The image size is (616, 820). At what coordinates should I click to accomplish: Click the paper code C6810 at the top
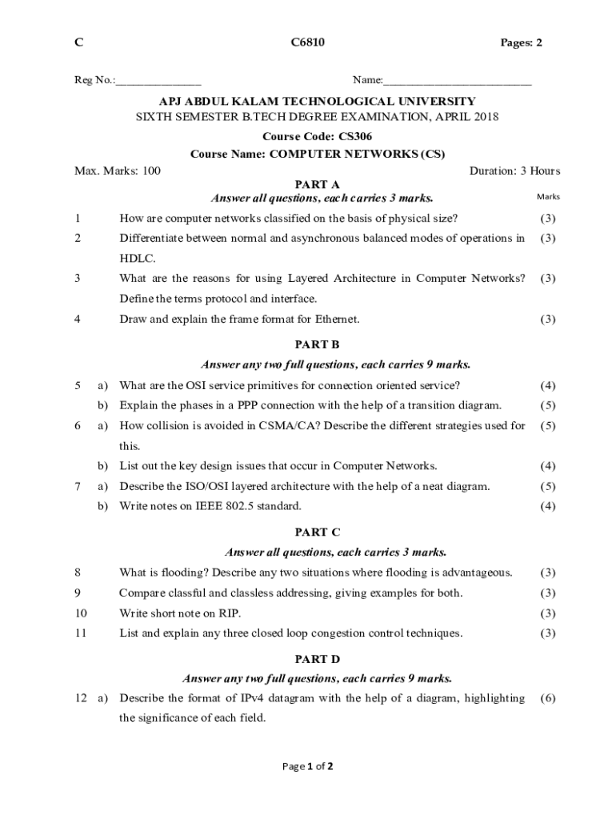(x=308, y=42)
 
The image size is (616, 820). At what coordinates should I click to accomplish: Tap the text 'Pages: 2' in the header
(x=516, y=42)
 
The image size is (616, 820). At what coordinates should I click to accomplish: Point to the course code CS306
(x=354, y=136)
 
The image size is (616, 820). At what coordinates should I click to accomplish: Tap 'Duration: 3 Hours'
(x=514, y=171)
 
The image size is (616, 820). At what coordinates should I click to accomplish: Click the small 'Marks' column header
(x=549, y=197)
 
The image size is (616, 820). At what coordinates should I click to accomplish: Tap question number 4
(x=78, y=319)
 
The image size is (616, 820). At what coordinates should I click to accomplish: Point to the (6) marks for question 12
(x=548, y=698)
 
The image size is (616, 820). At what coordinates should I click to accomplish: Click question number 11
(x=80, y=633)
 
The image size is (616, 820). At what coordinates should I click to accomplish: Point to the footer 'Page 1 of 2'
(x=308, y=766)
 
